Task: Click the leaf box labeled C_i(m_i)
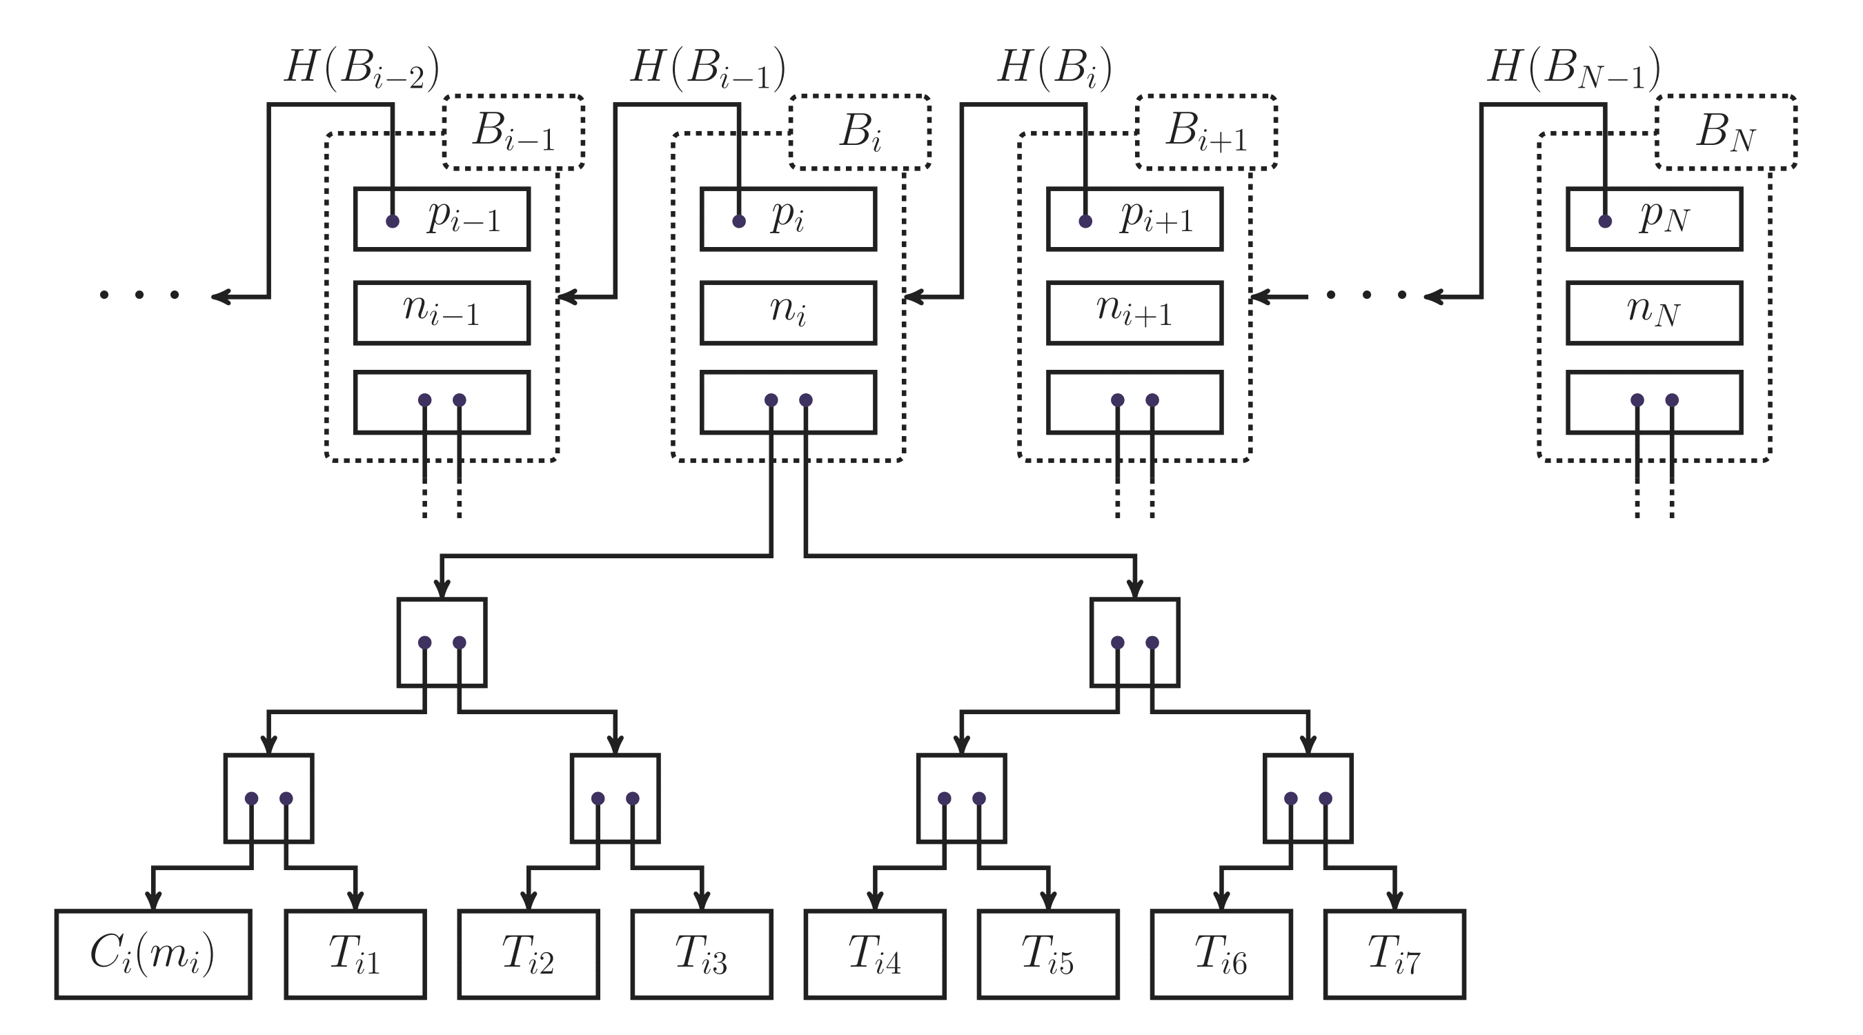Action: (x=152, y=954)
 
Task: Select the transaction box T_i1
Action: (x=355, y=954)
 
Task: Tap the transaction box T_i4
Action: (x=874, y=954)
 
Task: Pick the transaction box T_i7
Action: (x=1394, y=954)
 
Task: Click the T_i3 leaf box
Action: (x=701, y=954)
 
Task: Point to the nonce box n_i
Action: (x=787, y=313)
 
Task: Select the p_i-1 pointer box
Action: (x=441, y=219)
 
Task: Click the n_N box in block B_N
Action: (x=1654, y=313)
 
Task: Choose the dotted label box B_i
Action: (x=860, y=132)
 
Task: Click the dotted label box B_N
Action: (x=1726, y=132)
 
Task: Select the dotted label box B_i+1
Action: (x=1205, y=132)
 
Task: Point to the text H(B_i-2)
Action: (x=362, y=70)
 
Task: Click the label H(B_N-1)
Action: (x=1574, y=70)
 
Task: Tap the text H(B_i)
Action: (x=1054, y=70)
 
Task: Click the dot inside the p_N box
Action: (x=1605, y=221)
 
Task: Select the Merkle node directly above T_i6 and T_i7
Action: (x=1308, y=798)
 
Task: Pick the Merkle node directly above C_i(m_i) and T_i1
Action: (x=268, y=798)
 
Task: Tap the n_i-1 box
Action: (x=441, y=313)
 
